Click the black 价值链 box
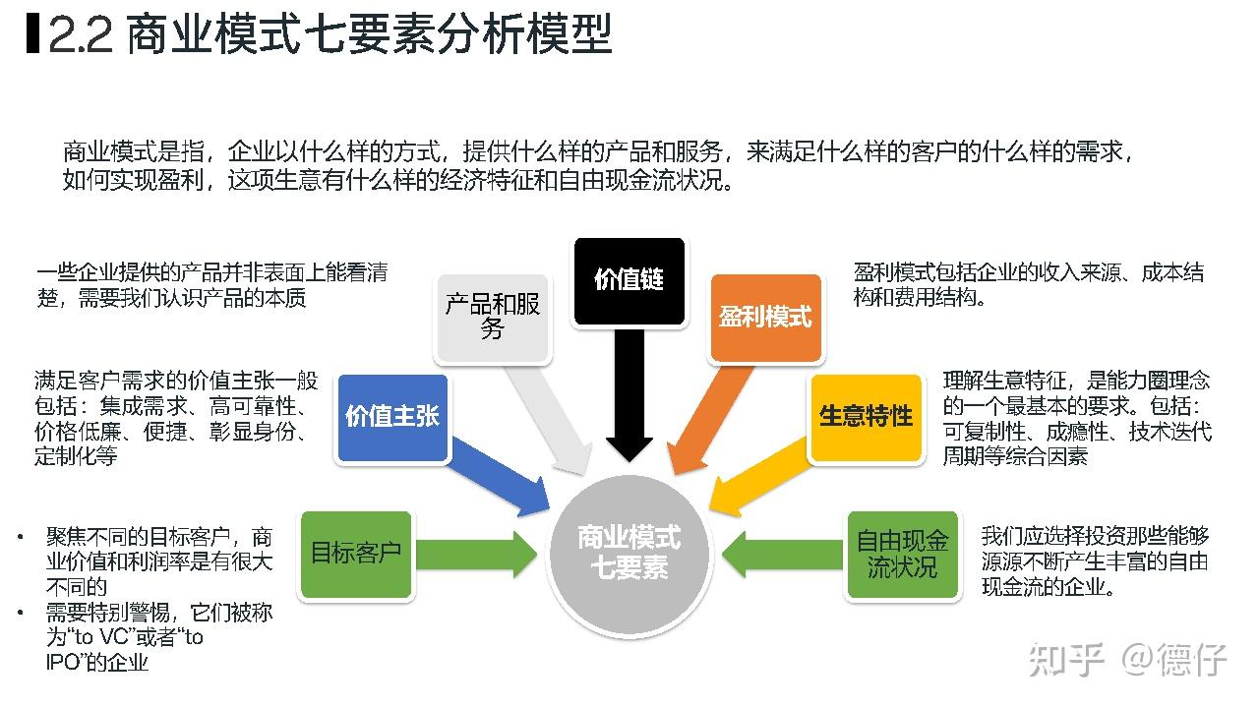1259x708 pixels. [x=629, y=280]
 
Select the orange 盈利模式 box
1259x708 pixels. [x=765, y=317]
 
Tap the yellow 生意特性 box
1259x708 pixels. [x=866, y=416]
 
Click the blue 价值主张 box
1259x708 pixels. [x=391, y=416]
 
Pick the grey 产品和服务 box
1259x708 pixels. [x=492, y=317]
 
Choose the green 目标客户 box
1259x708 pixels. [x=355, y=554]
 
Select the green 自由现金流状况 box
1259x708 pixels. [x=902, y=554]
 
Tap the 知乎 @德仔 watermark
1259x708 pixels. [x=1126, y=660]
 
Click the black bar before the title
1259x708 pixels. [x=31, y=34]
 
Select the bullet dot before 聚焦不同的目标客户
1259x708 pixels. [x=20, y=537]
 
